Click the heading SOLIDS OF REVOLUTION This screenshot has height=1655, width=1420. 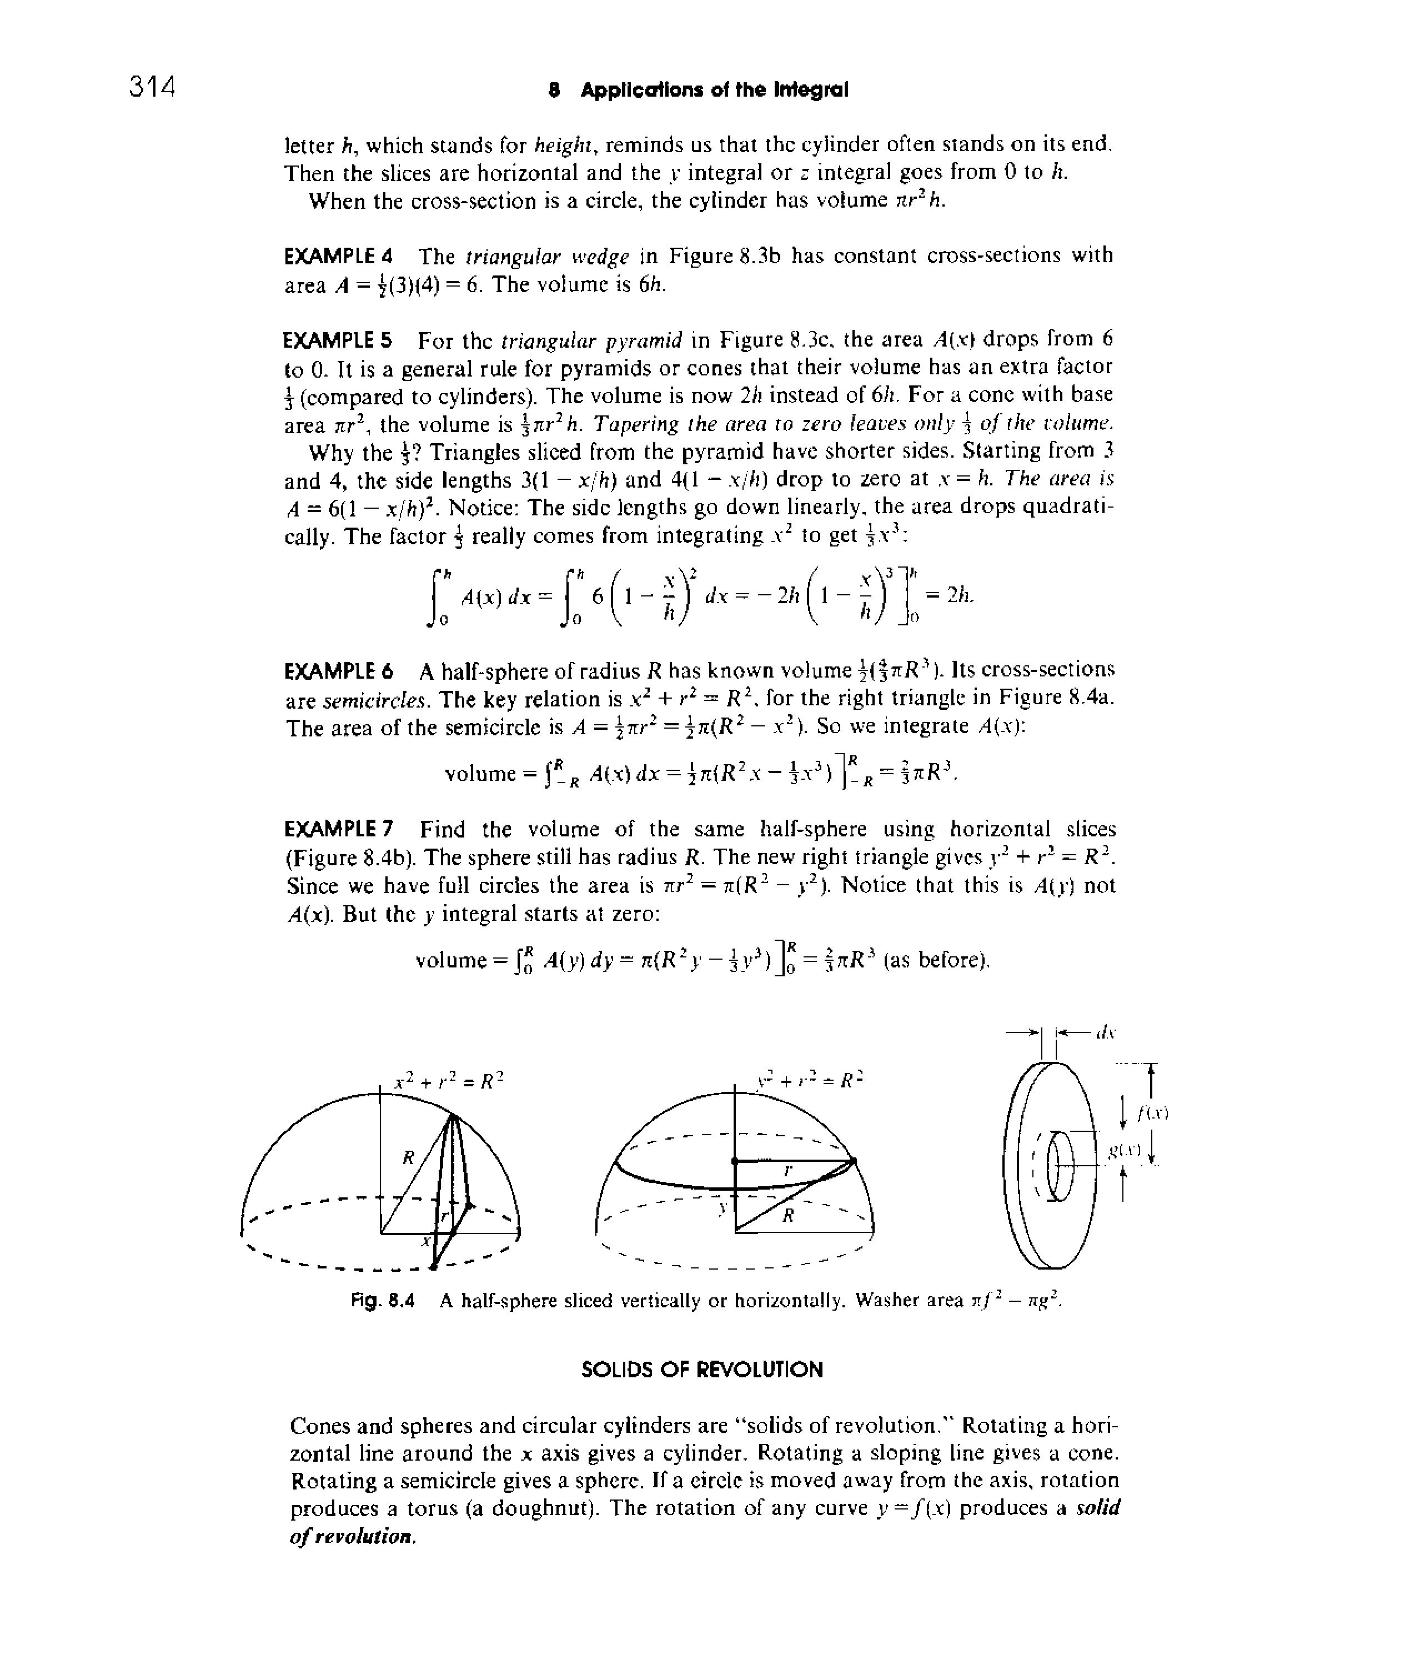(701, 1371)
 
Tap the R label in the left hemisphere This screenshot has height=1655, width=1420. (409, 1157)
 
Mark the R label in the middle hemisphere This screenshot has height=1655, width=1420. (788, 1216)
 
